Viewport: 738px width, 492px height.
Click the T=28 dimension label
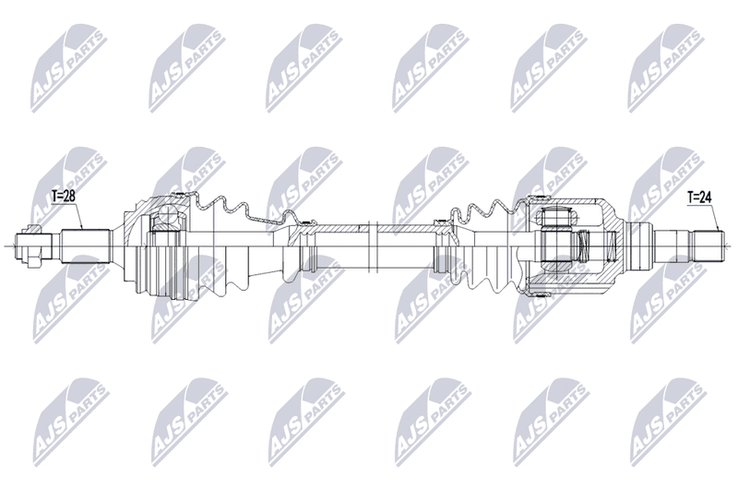pyautogui.click(x=63, y=197)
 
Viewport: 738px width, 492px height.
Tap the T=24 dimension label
pyautogui.click(x=699, y=198)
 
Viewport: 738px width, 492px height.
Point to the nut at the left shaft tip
pyautogui.click(x=33, y=246)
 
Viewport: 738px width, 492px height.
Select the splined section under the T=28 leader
pyautogui.click(x=86, y=246)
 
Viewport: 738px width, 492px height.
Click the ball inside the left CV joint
pyautogui.click(x=168, y=215)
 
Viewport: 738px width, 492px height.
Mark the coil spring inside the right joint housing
pyautogui.click(x=583, y=246)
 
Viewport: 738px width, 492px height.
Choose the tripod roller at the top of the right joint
pyautogui.click(x=556, y=217)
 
